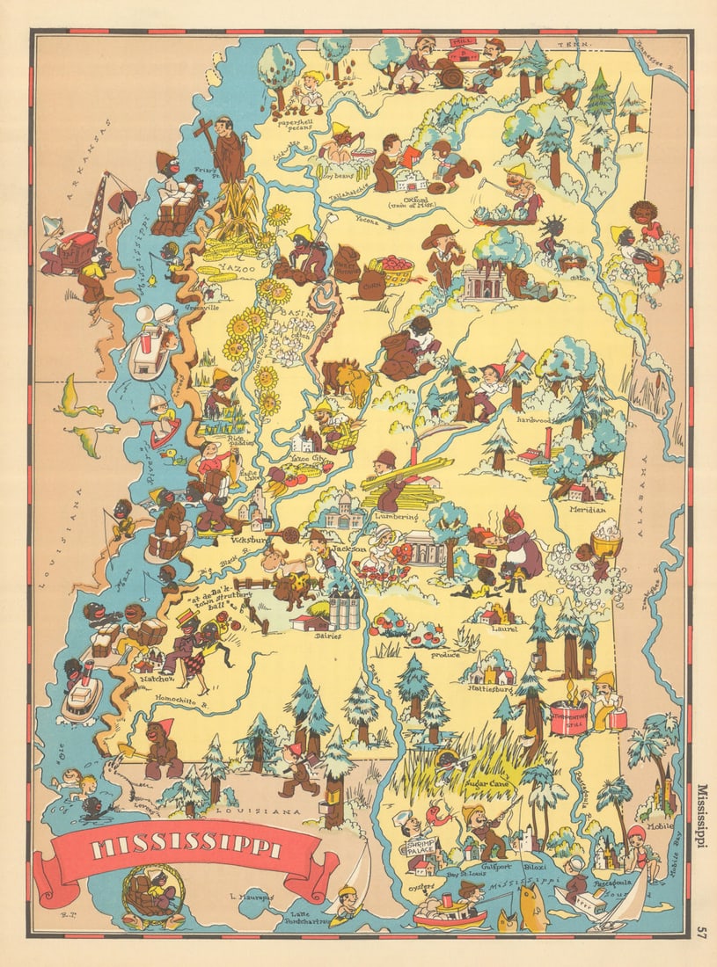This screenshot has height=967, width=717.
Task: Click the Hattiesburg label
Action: click(x=492, y=690)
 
